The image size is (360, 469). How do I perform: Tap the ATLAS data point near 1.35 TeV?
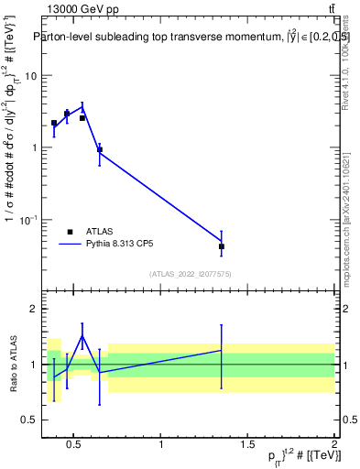pyautogui.click(x=222, y=246)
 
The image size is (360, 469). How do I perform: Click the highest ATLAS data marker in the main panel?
pyautogui.click(x=67, y=114)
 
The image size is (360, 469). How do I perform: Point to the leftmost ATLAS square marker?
pyautogui.click(x=54, y=123)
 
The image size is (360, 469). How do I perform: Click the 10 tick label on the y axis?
pyautogui.click(x=30, y=76)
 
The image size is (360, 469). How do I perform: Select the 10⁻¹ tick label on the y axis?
pyautogui.click(x=28, y=220)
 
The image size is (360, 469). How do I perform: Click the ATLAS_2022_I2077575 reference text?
pyautogui.click(x=190, y=273)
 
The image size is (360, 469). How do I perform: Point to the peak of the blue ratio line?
pyautogui.click(x=82, y=336)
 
